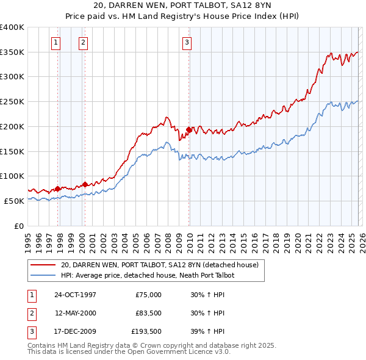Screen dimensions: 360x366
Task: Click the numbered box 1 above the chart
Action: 56,42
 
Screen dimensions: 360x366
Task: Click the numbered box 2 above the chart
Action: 82,42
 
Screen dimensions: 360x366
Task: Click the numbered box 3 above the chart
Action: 187,42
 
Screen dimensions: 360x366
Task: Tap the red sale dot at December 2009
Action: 189,129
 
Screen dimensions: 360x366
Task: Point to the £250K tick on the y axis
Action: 13,101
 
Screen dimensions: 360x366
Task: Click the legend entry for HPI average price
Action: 146,275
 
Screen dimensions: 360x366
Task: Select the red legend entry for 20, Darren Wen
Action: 160,265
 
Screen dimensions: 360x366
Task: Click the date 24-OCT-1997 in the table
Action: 75,295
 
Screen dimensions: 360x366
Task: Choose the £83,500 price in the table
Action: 148,313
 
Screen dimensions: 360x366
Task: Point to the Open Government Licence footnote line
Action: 129,352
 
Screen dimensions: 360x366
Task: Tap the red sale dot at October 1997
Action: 58,189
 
